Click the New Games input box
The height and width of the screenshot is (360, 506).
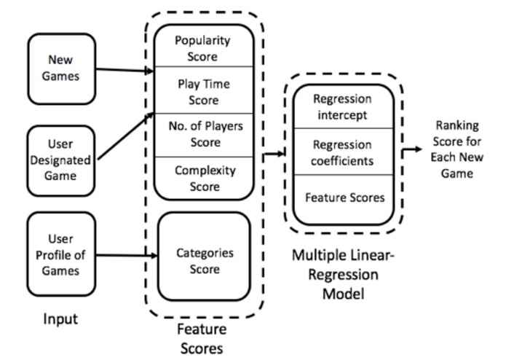61,69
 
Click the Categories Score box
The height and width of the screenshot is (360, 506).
204,260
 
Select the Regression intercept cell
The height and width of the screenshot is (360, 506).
341,106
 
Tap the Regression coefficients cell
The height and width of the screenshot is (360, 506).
341,151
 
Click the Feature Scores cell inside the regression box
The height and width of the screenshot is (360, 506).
341,197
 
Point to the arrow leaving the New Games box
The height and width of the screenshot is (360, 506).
124,70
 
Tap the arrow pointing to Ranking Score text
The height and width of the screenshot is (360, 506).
411,149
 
